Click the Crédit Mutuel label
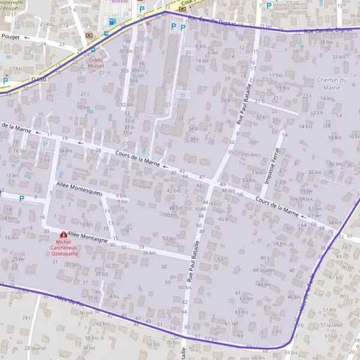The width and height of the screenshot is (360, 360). (x=95, y=63)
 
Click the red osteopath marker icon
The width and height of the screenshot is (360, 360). (x=64, y=235)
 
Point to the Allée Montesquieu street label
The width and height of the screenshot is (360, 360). (x=79, y=189)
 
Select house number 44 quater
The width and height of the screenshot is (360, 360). (x=264, y=270)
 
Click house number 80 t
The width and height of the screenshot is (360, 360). (x=344, y=296)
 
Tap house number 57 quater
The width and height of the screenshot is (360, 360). (x=331, y=325)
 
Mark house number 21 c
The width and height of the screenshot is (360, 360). (x=85, y=94)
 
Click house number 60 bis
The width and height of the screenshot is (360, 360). (x=184, y=287)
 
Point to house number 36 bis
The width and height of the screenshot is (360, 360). (x=149, y=253)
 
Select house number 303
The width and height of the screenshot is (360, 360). (x=124, y=70)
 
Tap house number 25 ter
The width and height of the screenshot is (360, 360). (x=18, y=259)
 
